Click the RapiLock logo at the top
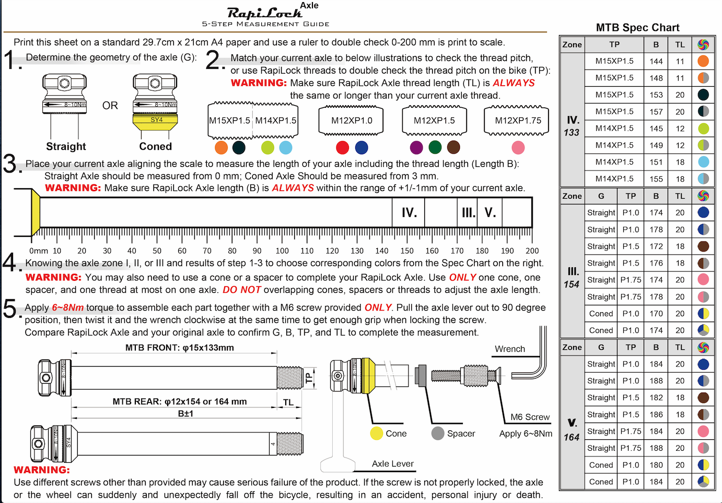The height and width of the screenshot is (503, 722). [265, 13]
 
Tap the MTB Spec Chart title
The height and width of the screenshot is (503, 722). [637, 28]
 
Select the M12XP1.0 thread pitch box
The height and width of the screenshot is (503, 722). [352, 121]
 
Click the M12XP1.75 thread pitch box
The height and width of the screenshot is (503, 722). [518, 121]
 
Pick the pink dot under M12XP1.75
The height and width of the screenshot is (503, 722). [518, 148]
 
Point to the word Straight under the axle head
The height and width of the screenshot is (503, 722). [66, 146]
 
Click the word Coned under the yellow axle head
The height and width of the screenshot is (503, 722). [155, 146]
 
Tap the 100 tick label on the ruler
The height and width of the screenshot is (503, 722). [282, 251]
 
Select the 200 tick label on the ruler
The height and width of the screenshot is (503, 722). [532, 251]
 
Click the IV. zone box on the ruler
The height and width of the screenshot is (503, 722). [409, 213]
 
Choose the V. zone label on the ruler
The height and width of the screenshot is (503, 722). [490, 213]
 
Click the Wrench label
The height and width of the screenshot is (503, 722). [509, 349]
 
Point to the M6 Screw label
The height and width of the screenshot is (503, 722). [530, 417]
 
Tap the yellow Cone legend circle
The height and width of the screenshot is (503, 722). [377, 433]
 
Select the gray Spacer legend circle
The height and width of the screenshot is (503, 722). [438, 433]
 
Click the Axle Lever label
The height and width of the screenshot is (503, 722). [392, 464]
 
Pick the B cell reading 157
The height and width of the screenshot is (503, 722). [656, 112]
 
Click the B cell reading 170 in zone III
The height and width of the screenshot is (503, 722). [656, 314]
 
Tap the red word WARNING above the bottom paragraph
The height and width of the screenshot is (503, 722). [41, 470]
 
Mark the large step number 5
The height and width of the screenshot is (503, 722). [10, 308]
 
